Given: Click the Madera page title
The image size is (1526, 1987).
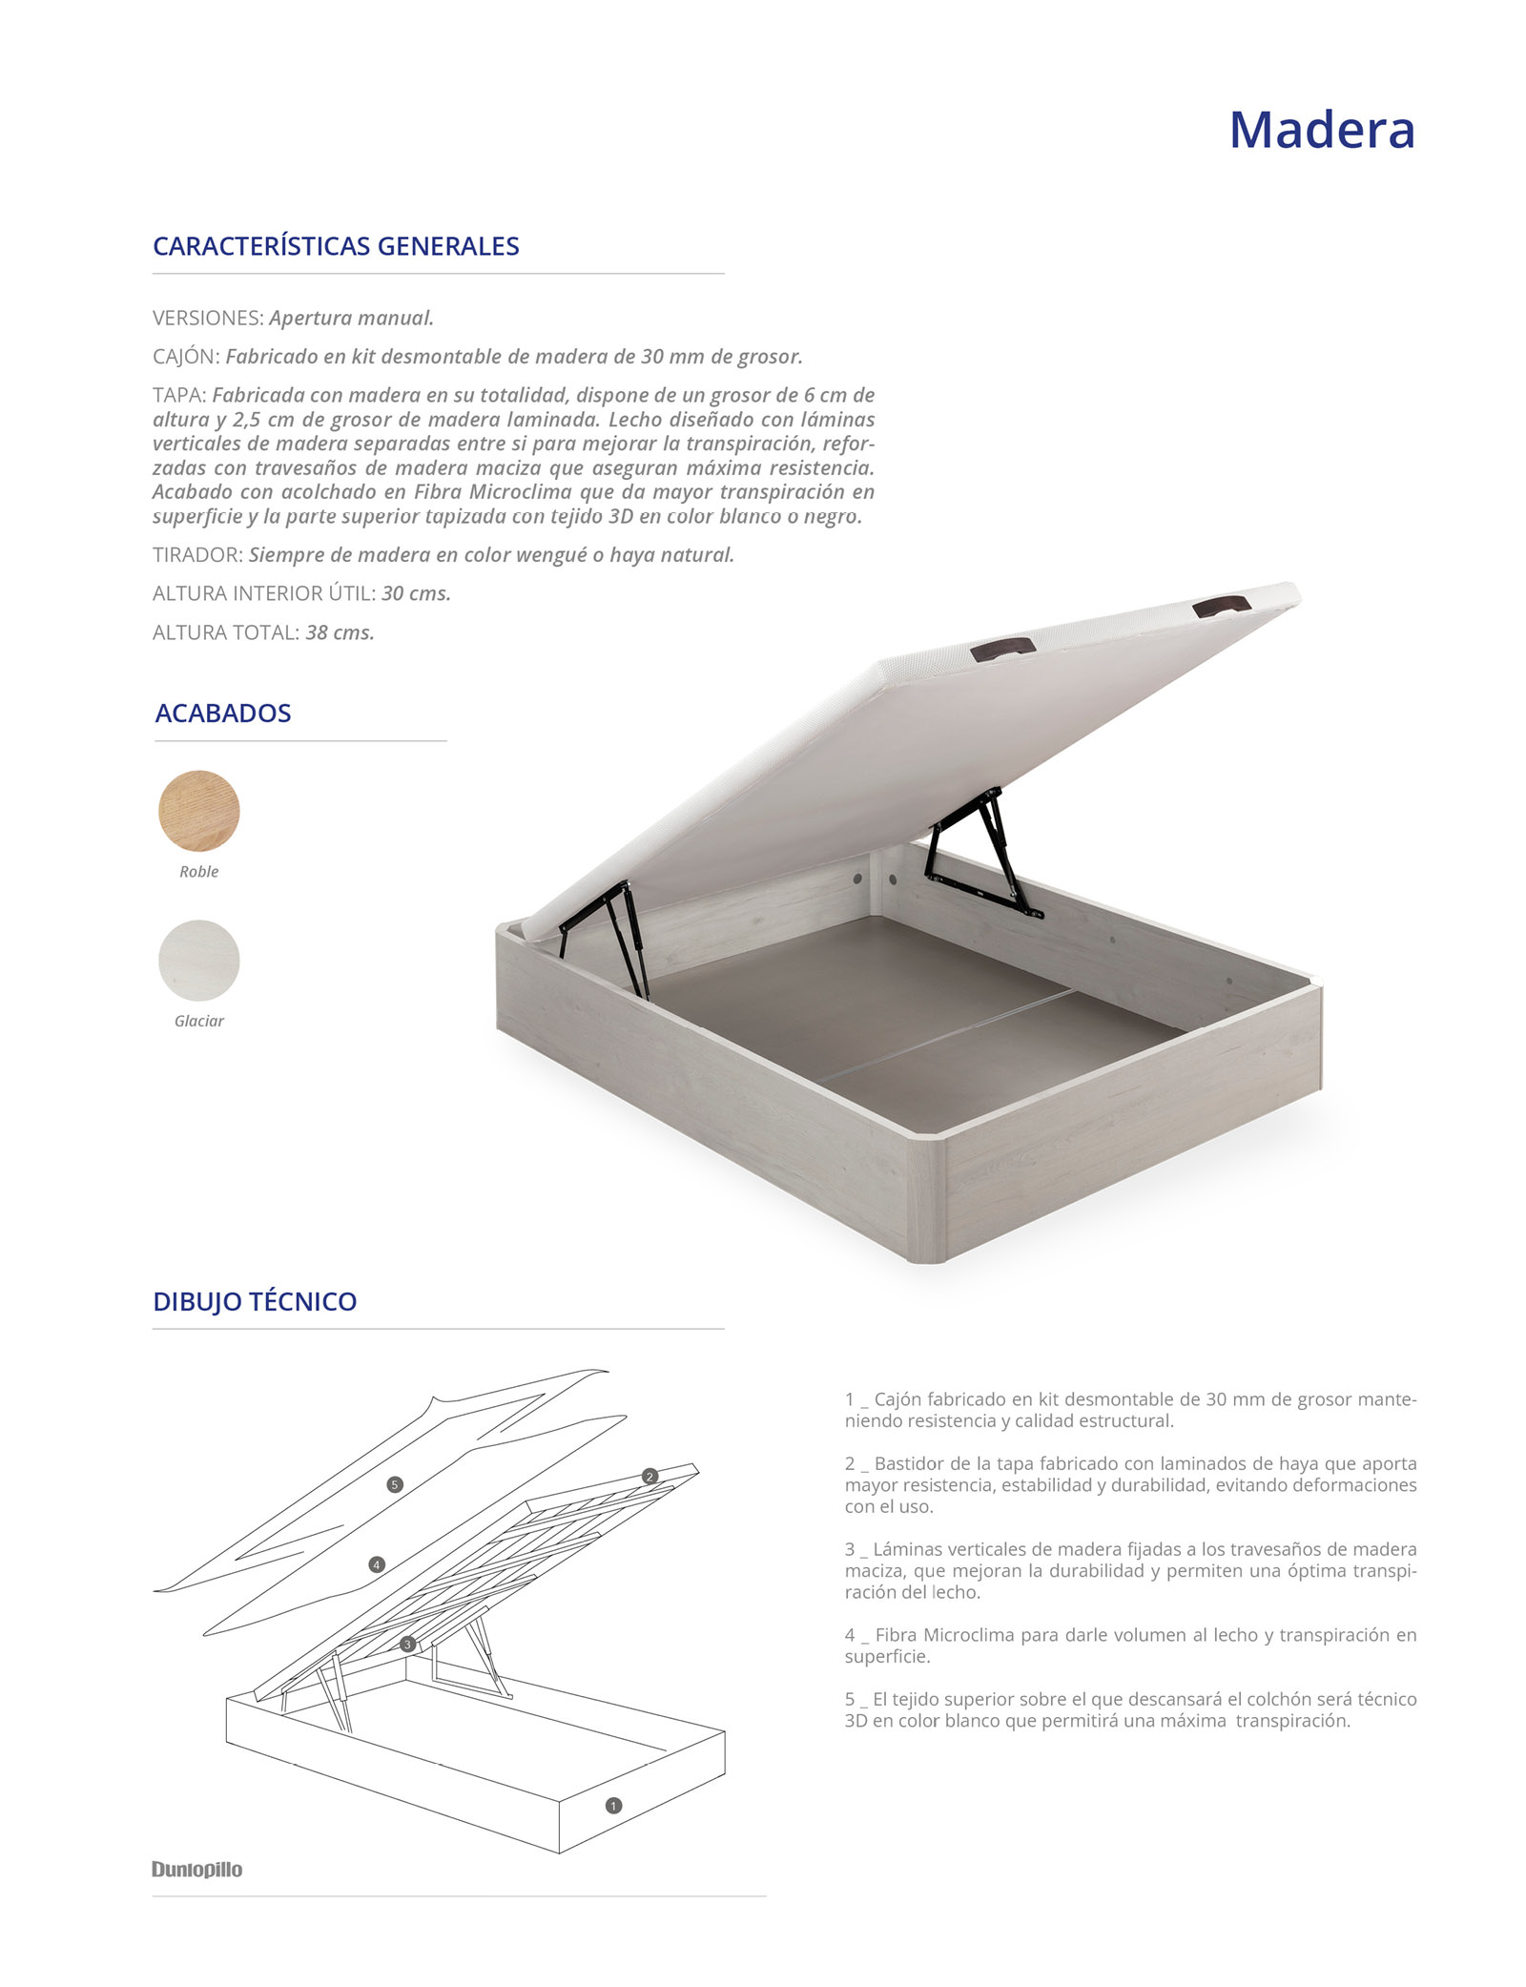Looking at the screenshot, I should coord(1321,130).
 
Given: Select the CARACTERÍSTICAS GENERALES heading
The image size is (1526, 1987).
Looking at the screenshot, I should coord(336,246).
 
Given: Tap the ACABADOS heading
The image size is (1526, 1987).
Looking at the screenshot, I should coord(223,713).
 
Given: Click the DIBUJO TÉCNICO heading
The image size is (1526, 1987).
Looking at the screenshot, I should coord(255,1301).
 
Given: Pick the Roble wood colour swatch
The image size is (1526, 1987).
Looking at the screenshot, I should coord(199,811).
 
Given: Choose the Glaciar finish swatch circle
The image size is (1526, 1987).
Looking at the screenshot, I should coord(199,960).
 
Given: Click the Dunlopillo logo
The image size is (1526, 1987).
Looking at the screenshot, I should coord(197,1869).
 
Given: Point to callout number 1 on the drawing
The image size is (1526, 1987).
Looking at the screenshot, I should coord(613,1805).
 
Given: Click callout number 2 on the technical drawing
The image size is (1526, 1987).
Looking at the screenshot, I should coord(650,1477).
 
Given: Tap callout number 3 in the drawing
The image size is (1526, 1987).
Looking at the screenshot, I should coord(407,1644).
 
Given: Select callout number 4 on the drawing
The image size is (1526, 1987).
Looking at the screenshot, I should coord(377,1564).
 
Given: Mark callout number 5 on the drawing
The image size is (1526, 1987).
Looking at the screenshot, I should coord(395,1484).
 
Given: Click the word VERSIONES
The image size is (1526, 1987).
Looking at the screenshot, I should coord(207,318).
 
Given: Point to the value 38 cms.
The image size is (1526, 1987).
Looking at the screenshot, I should coord(340,632).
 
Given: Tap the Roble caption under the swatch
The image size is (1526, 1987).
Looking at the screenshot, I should coord(199,872).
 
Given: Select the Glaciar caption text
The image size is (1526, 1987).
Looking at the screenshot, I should coord(199,1021).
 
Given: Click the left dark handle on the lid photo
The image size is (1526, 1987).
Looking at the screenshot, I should coord(1003,650).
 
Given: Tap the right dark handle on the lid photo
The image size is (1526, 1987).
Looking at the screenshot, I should coord(1221,606).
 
